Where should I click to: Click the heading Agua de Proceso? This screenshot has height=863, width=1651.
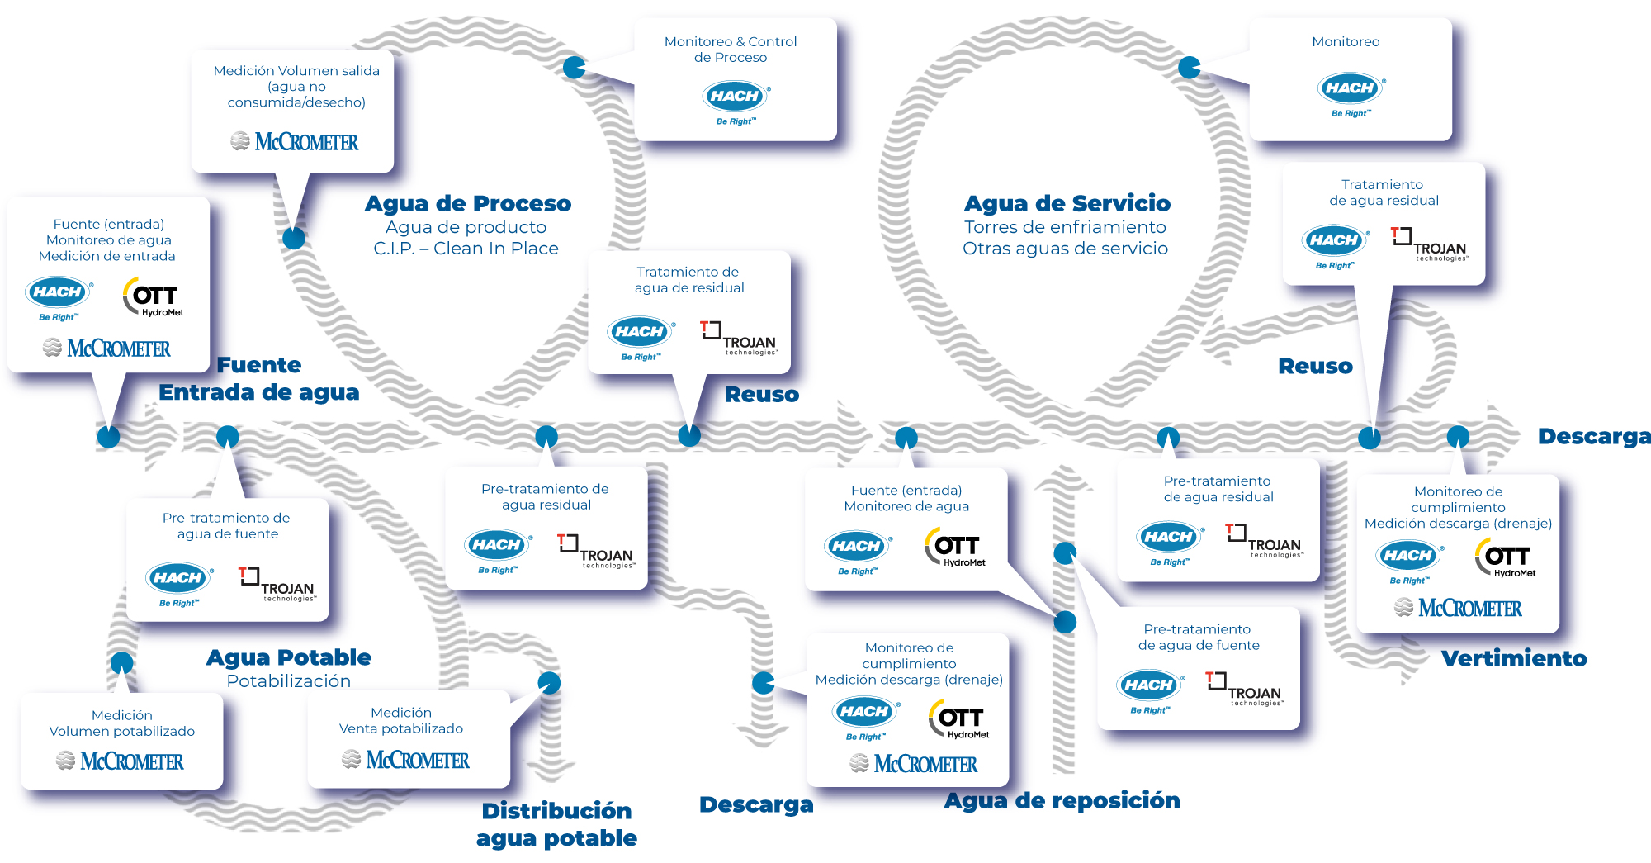[468, 203]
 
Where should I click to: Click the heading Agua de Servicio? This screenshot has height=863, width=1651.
[1067, 203]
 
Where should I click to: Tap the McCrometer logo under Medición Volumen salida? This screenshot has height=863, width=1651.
[295, 142]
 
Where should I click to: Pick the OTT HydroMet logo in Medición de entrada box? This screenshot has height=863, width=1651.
[154, 297]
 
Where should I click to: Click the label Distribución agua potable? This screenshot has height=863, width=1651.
[556, 824]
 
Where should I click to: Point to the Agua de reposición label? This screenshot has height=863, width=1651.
[1062, 800]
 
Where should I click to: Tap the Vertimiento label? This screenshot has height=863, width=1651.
[1514, 658]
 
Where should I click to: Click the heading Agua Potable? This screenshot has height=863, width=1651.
[289, 657]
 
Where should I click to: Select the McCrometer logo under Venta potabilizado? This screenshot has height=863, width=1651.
[406, 760]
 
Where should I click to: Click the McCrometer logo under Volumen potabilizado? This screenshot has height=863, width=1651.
[121, 761]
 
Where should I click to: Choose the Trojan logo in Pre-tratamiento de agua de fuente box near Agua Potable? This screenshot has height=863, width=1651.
[277, 584]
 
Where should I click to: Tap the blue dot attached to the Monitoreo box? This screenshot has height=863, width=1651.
[1190, 68]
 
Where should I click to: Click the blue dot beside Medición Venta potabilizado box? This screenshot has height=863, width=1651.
[549, 682]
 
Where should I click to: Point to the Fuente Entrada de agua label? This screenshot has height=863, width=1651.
[259, 378]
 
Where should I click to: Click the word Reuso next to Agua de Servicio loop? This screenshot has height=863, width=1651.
[1315, 366]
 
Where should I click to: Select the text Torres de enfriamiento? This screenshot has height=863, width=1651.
[1065, 227]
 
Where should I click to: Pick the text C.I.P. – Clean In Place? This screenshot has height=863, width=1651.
[466, 249]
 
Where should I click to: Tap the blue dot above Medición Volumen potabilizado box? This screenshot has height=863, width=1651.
[122, 662]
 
